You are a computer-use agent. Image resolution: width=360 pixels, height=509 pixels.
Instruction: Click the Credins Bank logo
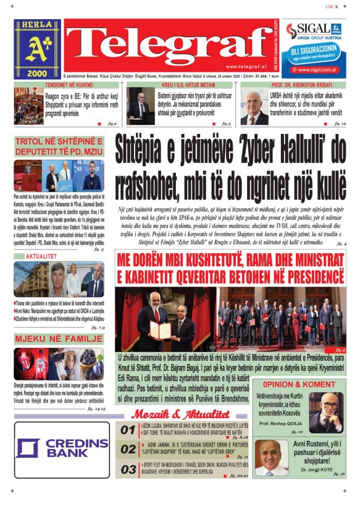[62, 448]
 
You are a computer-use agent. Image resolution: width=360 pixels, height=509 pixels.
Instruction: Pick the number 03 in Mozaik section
[128, 470]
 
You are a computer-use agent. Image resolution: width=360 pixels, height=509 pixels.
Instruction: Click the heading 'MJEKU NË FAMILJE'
[59, 339]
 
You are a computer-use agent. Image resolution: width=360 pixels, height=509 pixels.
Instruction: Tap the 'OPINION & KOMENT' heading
[299, 384]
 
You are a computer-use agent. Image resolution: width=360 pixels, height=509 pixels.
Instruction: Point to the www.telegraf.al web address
[246, 67]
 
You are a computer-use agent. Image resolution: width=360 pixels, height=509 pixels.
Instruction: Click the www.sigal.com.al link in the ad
[318, 69]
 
